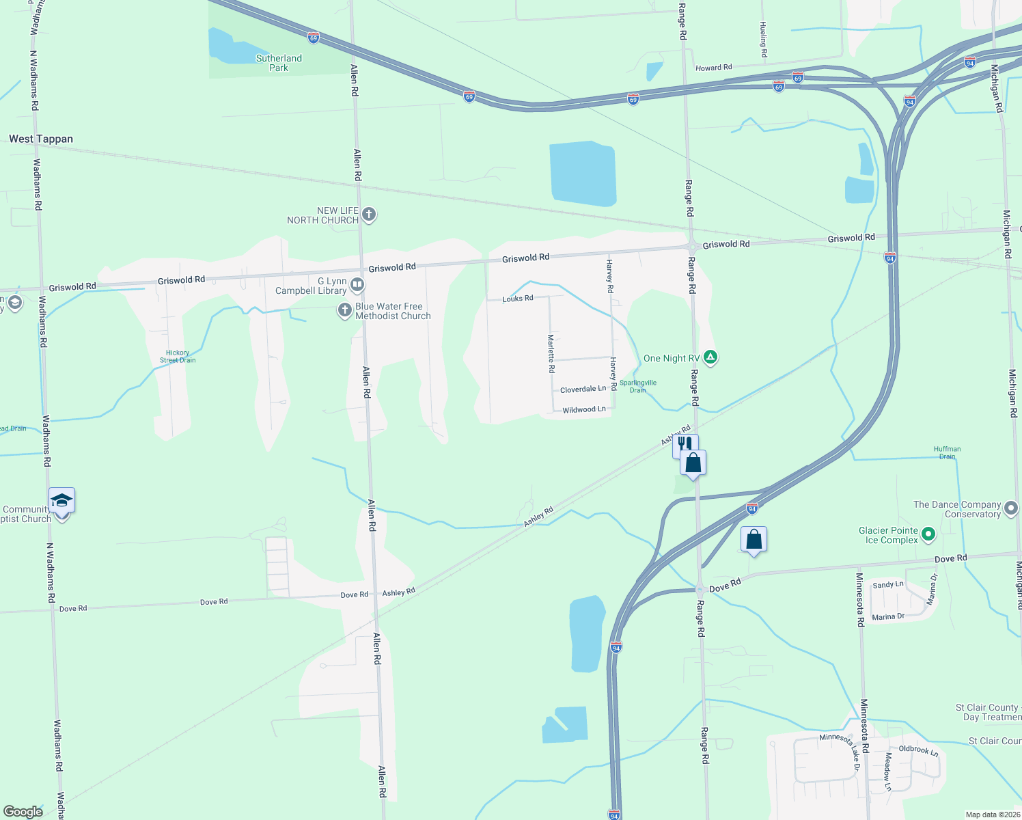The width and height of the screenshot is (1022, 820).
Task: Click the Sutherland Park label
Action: click(x=279, y=63)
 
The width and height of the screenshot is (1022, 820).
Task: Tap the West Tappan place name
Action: click(x=41, y=139)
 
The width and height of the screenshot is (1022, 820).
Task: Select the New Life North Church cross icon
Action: click(x=369, y=215)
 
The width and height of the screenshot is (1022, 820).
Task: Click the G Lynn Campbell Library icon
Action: click(x=357, y=284)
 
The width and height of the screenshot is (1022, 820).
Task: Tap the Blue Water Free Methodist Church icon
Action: click(x=345, y=311)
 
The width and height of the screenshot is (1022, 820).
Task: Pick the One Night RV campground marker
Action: click(x=710, y=357)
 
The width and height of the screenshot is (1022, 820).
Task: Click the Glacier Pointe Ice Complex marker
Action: click(x=928, y=534)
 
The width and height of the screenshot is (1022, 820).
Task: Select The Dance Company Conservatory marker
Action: click(x=1012, y=508)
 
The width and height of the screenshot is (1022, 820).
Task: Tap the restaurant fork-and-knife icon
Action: click(x=684, y=444)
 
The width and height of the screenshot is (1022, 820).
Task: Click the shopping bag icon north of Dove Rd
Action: click(x=754, y=539)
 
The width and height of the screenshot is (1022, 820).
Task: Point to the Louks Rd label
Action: click(x=518, y=299)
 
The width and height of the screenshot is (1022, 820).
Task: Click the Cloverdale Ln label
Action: click(x=583, y=389)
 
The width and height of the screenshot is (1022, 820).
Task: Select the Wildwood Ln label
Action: click(x=584, y=410)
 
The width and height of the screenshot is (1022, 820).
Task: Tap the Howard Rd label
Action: click(x=714, y=68)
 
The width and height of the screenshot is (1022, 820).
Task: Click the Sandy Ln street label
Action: click(x=888, y=585)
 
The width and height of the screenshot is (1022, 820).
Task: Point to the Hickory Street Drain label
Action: click(x=178, y=357)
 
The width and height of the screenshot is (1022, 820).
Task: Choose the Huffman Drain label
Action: click(x=948, y=452)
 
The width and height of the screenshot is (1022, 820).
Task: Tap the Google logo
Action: click(x=23, y=812)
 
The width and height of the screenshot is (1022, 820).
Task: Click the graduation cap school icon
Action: click(x=61, y=500)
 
